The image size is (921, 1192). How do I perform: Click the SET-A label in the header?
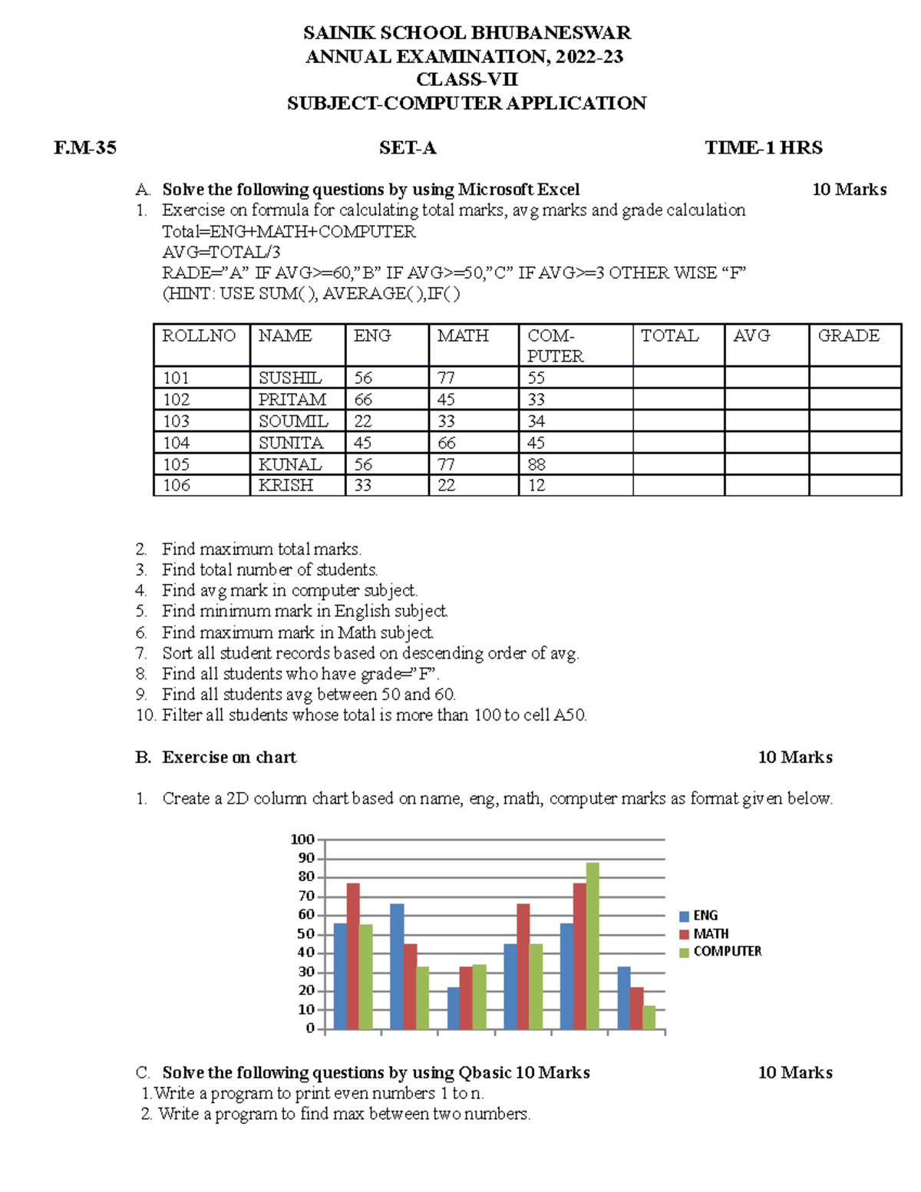[x=408, y=148]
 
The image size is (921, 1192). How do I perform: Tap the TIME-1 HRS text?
[x=763, y=148]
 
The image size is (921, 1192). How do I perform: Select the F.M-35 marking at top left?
[x=85, y=148]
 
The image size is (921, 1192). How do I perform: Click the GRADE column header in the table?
[x=848, y=336]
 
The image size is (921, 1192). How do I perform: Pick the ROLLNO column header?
[x=199, y=336]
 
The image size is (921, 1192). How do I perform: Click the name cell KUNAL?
[x=289, y=464]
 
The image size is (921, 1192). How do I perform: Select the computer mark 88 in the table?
[x=536, y=464]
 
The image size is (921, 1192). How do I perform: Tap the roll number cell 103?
[x=176, y=421]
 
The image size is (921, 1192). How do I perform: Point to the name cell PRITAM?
[x=292, y=400]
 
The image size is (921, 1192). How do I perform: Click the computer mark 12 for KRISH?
[x=536, y=485]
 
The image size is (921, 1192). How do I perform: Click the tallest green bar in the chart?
[x=593, y=946]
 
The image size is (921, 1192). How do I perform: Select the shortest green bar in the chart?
[x=649, y=1017]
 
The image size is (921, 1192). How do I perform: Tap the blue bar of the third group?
[x=454, y=1008]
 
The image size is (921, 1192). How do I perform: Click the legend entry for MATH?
[x=710, y=934]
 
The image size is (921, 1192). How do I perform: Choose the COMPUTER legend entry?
[x=727, y=952]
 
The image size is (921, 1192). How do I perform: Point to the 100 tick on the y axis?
[x=302, y=840]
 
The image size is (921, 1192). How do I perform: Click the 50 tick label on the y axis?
[x=305, y=934]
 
